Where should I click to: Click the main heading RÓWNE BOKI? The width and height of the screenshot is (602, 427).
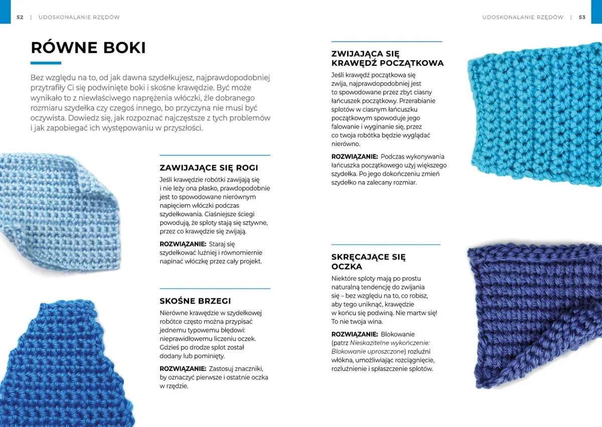(88, 48)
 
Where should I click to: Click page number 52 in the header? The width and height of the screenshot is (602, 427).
(20, 17)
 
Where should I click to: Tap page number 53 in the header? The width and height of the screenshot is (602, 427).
(582, 17)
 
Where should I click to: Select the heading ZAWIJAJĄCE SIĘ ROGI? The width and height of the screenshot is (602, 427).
(209, 168)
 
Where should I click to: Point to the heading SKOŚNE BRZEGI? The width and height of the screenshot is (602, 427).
(195, 301)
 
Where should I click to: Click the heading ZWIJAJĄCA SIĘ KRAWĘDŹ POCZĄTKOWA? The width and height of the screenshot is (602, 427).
(387, 58)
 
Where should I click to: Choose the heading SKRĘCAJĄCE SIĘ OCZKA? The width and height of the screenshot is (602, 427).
(368, 261)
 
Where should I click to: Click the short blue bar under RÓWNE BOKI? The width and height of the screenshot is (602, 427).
(46, 63)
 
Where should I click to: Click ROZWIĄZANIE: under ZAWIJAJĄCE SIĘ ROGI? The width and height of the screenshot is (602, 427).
(183, 244)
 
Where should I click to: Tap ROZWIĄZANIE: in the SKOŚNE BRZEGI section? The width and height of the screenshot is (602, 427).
(183, 368)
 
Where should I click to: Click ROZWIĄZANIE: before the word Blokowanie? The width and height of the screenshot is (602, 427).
(354, 334)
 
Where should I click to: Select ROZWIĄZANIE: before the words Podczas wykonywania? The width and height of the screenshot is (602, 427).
(354, 157)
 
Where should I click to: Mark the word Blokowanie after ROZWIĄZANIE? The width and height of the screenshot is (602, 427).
(398, 334)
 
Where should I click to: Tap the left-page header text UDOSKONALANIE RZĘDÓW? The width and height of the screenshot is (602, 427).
(79, 17)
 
